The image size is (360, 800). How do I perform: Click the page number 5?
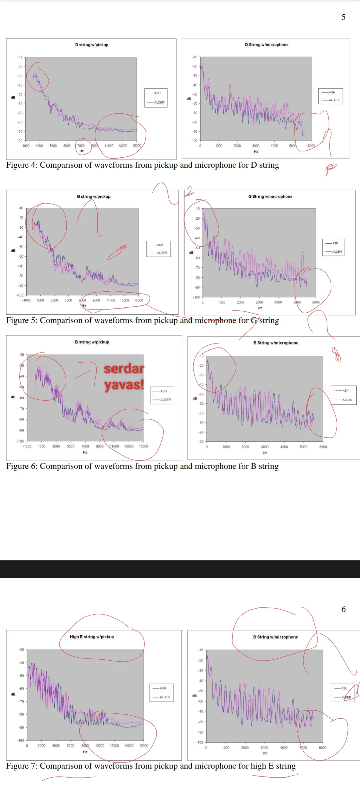pos(343,17)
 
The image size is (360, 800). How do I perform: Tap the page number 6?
pos(343,609)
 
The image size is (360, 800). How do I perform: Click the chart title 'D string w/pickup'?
pos(92,45)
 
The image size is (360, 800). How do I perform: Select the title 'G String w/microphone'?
pos(270,196)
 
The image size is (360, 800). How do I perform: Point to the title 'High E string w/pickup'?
pos(92,637)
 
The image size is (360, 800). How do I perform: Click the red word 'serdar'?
pos(124,369)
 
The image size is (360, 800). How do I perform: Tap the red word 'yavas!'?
pos(124,385)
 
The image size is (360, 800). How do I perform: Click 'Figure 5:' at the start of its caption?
pos(22,320)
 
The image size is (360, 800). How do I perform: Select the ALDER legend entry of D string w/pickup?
pos(159,102)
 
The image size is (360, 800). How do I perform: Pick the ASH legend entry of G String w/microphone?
pos(335,243)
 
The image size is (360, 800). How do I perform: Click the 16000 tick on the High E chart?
pos(144,746)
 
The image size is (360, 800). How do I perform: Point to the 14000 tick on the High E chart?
pos(129,746)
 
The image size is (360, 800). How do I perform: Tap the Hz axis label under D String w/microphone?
pos(256,152)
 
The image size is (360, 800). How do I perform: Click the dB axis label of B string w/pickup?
pos(13,397)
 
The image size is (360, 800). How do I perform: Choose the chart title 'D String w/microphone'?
pos(267,45)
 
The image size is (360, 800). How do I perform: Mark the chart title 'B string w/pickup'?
pos(92,342)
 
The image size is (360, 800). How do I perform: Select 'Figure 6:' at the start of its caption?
pos(22,466)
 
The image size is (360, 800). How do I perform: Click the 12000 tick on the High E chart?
pos(114,746)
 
